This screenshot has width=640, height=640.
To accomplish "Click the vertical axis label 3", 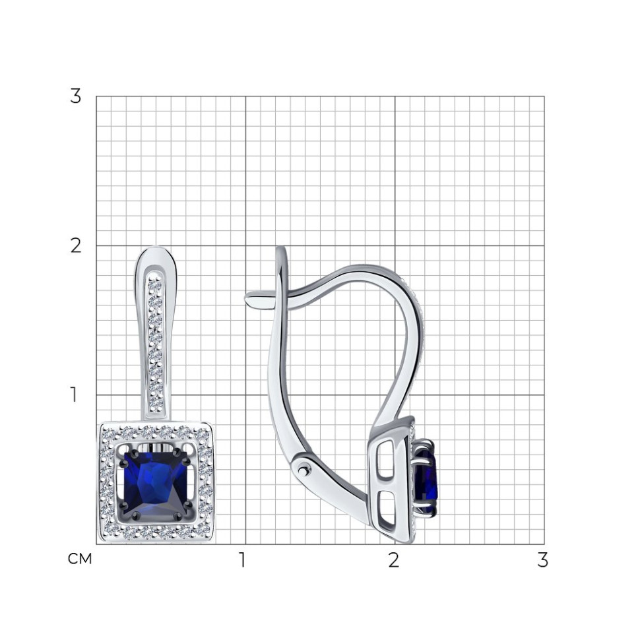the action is click(x=75, y=96).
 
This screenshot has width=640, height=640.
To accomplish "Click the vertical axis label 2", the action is click(x=75, y=245).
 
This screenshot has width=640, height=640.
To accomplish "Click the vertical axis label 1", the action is click(x=74, y=395).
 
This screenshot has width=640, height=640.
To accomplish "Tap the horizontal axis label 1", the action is click(x=242, y=560).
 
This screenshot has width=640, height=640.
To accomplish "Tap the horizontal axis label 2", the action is click(x=393, y=560).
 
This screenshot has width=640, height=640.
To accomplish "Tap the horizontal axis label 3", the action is click(x=542, y=560).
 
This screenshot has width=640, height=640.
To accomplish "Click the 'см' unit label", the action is click(x=80, y=559).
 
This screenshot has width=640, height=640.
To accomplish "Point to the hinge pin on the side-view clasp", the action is click(x=304, y=470).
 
